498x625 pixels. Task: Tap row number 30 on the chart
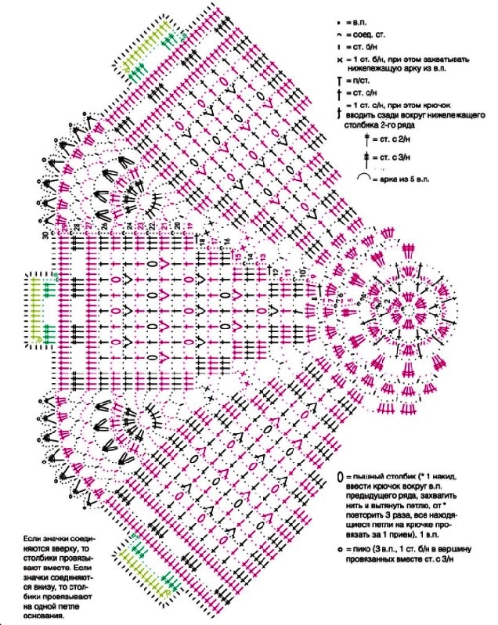click(45, 234)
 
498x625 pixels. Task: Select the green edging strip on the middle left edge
click(38, 309)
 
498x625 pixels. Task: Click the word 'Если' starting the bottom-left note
click(34, 540)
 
